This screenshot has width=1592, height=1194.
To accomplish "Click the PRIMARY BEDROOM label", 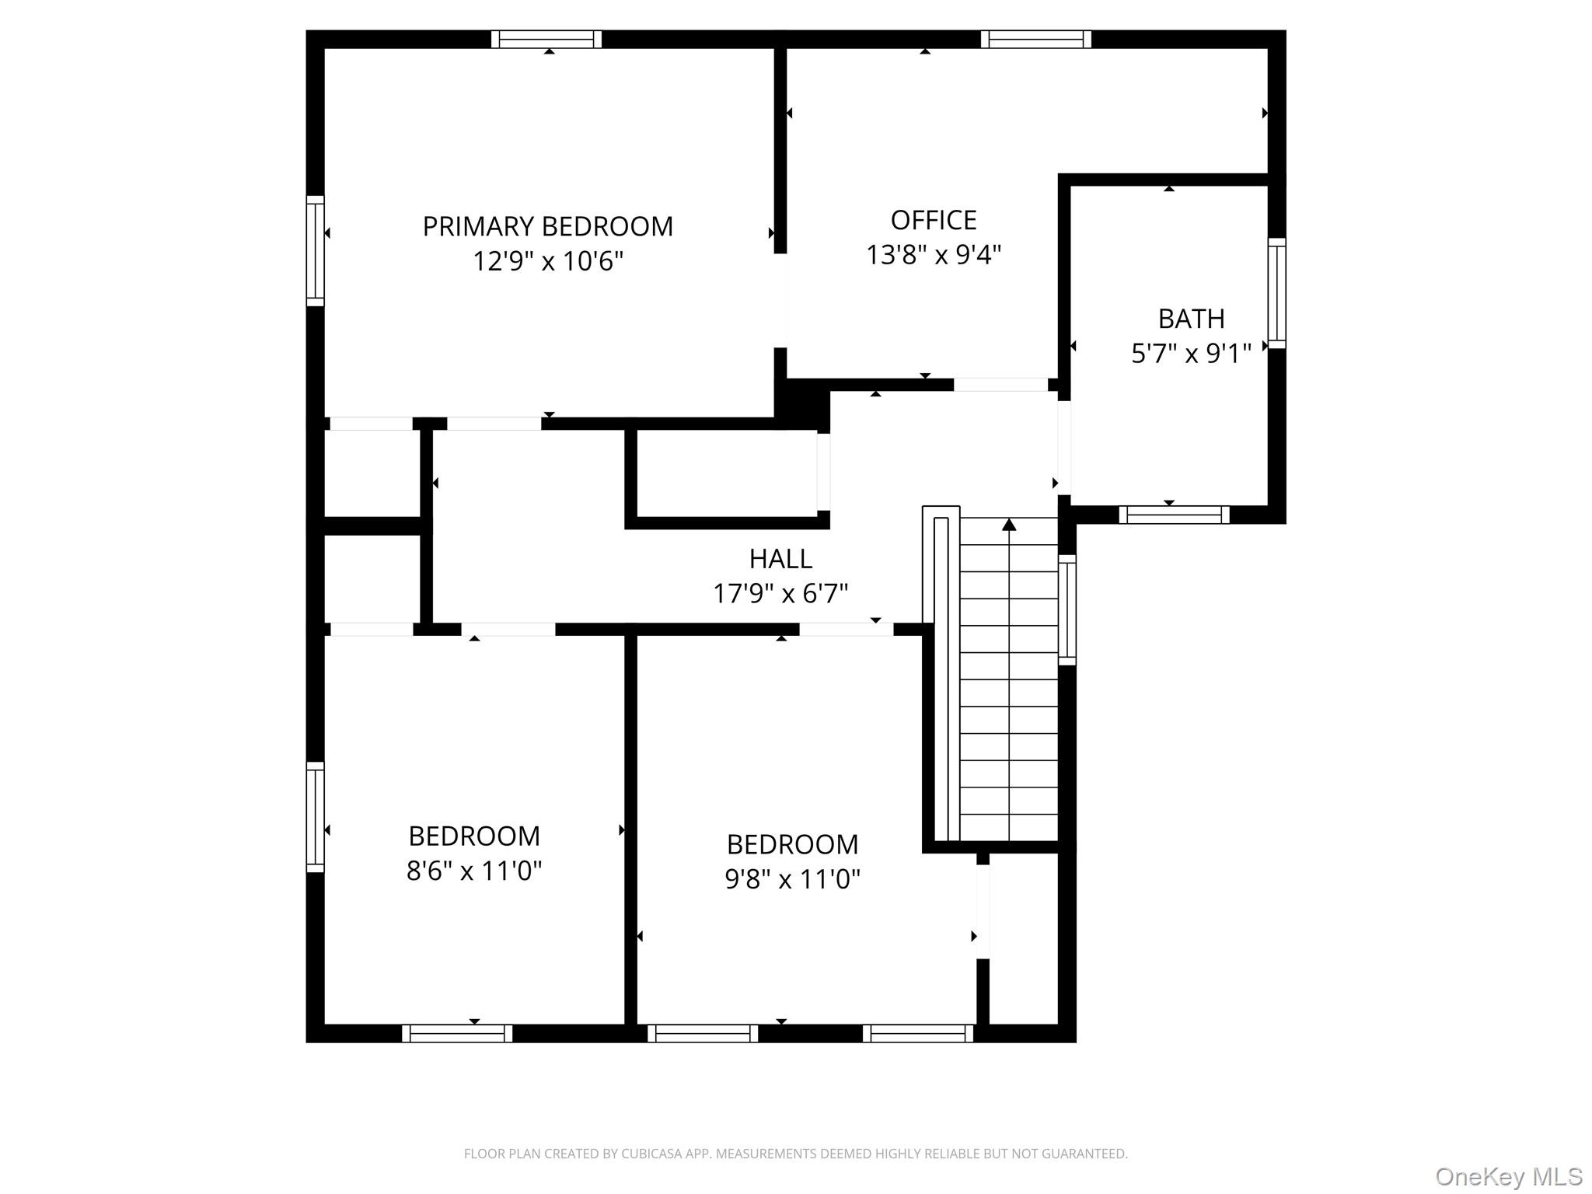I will tap(547, 226).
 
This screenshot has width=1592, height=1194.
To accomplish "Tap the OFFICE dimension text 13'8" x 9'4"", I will tap(934, 254).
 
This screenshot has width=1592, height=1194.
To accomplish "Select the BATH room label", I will tap(1191, 319).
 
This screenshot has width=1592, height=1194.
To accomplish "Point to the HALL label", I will tap(780, 558).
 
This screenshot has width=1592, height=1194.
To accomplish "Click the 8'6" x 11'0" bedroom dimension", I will tap(473, 870).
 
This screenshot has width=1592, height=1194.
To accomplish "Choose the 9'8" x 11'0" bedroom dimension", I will tap(792, 878).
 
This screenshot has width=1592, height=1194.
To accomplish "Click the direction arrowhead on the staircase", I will tap(1009, 525).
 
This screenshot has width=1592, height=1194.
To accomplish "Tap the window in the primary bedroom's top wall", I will tap(546, 39).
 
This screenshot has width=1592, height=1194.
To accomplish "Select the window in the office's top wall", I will tap(1035, 39).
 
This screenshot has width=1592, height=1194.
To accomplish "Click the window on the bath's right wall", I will tap(1276, 293).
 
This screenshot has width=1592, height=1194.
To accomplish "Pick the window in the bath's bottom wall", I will tap(1174, 515).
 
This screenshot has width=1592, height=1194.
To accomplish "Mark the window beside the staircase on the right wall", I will tap(1067, 610).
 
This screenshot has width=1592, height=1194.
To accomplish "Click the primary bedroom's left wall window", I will tap(315, 250).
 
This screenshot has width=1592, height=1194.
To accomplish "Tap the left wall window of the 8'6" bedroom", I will tap(315, 816).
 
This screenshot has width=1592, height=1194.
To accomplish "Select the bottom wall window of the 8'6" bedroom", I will tap(457, 1033).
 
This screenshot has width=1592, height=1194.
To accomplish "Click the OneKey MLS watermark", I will tap(1508, 1176).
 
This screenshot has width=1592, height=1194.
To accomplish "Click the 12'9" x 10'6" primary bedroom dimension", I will tap(548, 260).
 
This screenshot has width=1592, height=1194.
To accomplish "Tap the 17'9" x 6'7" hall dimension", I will tap(780, 593).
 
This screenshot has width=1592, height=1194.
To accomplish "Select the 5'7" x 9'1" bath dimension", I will tap(1191, 354).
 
